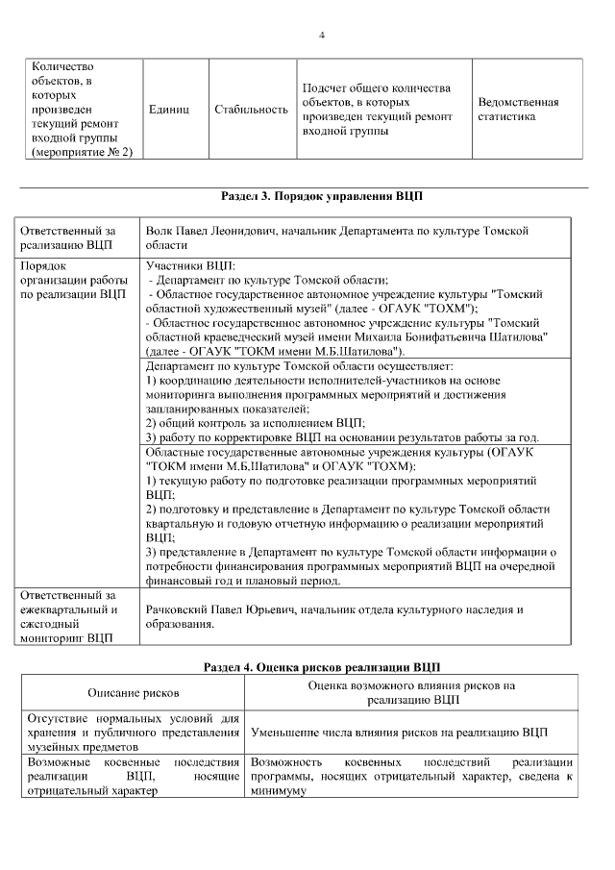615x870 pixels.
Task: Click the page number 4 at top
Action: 321,36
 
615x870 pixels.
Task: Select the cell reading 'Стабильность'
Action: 251,110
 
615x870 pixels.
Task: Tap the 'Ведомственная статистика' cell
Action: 518,109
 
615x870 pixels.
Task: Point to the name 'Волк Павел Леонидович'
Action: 208,232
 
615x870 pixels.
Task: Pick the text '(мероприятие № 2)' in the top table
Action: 82,152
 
